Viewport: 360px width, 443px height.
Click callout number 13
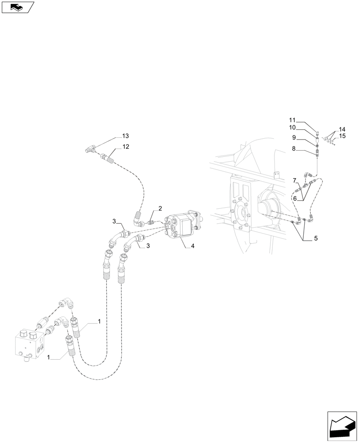click(x=125, y=136)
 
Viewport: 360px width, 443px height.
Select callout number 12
click(x=125, y=147)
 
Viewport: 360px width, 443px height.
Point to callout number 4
click(x=192, y=246)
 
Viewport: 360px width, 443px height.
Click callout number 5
click(x=316, y=238)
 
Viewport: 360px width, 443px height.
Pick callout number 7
click(x=294, y=180)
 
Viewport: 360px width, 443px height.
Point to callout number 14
click(x=342, y=129)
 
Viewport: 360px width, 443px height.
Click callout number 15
click(x=342, y=136)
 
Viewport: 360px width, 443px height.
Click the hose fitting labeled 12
click(x=108, y=156)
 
